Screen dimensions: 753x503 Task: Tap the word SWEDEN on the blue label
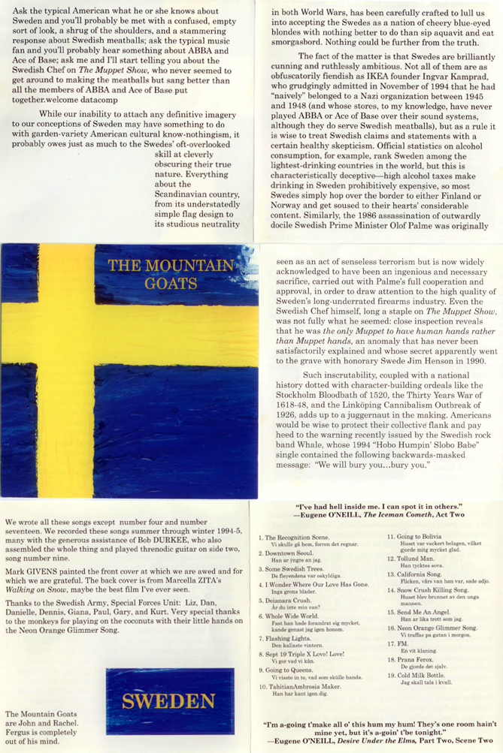[x=168, y=702]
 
